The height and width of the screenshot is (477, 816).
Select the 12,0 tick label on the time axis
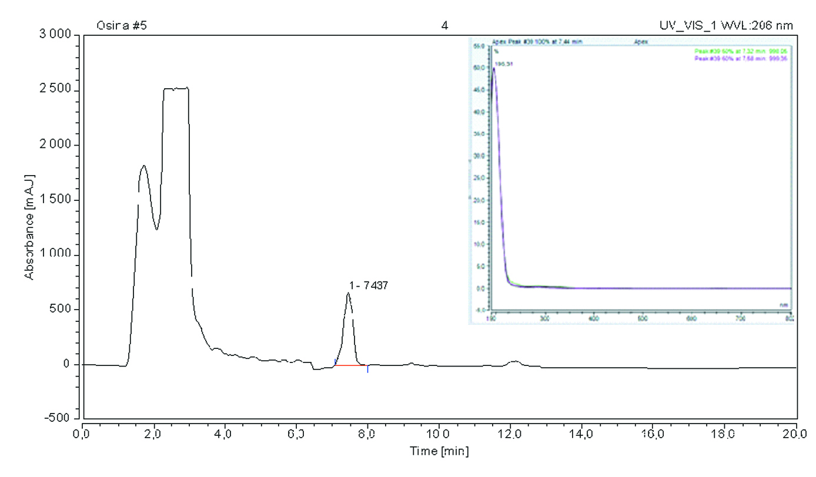click(510, 435)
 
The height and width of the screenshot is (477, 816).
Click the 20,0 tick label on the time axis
click(796, 435)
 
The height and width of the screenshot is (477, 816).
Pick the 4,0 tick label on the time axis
click(225, 435)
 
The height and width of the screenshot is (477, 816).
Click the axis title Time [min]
click(439, 451)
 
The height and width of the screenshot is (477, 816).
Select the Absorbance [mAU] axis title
click(28, 226)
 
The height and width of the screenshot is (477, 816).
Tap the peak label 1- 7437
click(369, 285)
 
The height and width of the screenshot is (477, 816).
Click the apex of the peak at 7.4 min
click(349, 293)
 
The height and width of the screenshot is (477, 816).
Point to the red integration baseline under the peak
click(350, 365)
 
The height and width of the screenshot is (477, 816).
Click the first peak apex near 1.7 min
click(143, 166)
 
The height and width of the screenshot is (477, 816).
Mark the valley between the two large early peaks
click(156, 229)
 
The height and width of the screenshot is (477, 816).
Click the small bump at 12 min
click(515, 362)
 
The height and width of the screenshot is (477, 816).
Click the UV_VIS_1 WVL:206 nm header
click(727, 26)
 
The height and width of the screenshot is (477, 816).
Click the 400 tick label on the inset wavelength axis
click(593, 318)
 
